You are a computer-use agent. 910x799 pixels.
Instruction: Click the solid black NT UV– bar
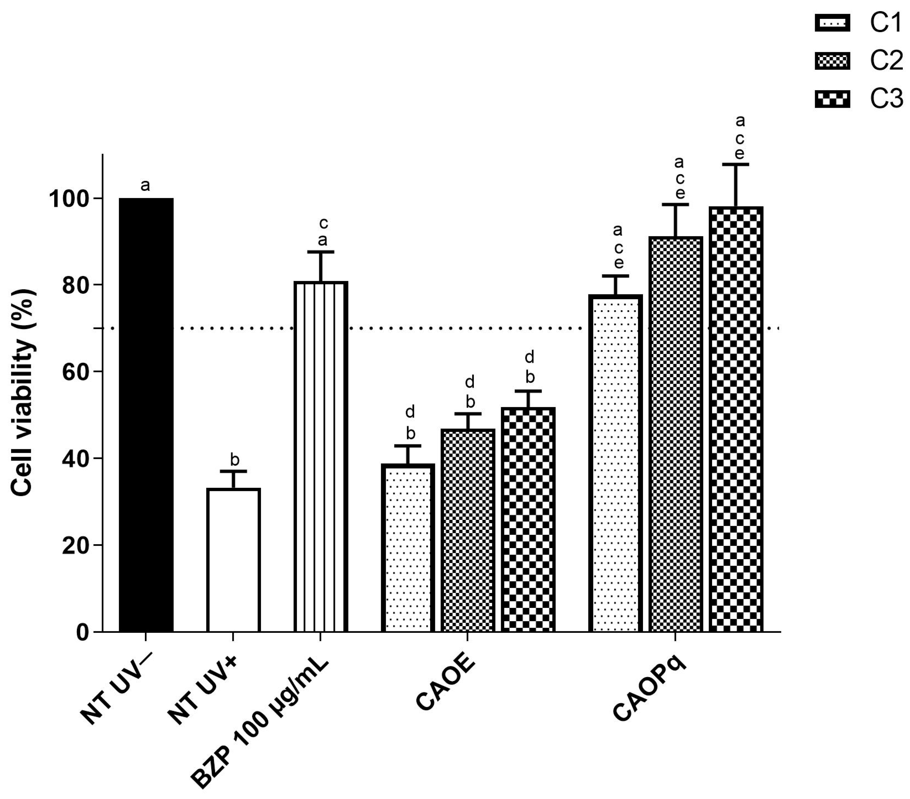pyautogui.click(x=146, y=414)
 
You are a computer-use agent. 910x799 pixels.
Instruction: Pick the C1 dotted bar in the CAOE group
pyautogui.click(x=408, y=547)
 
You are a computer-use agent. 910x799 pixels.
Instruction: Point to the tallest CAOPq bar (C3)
pyautogui.click(x=736, y=419)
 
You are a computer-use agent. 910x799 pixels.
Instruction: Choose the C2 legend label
pyautogui.click(x=886, y=61)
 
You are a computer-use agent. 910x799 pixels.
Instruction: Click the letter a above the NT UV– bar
pyautogui.click(x=145, y=185)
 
